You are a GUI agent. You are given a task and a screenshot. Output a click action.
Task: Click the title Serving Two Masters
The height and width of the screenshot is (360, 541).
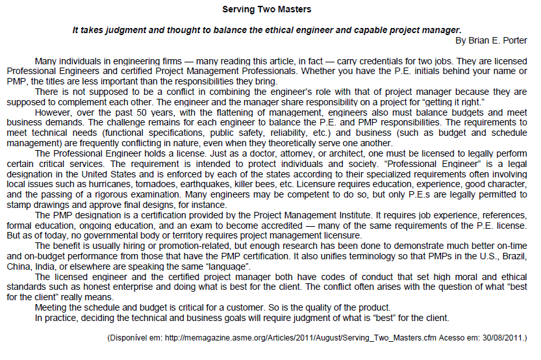point(266,10)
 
